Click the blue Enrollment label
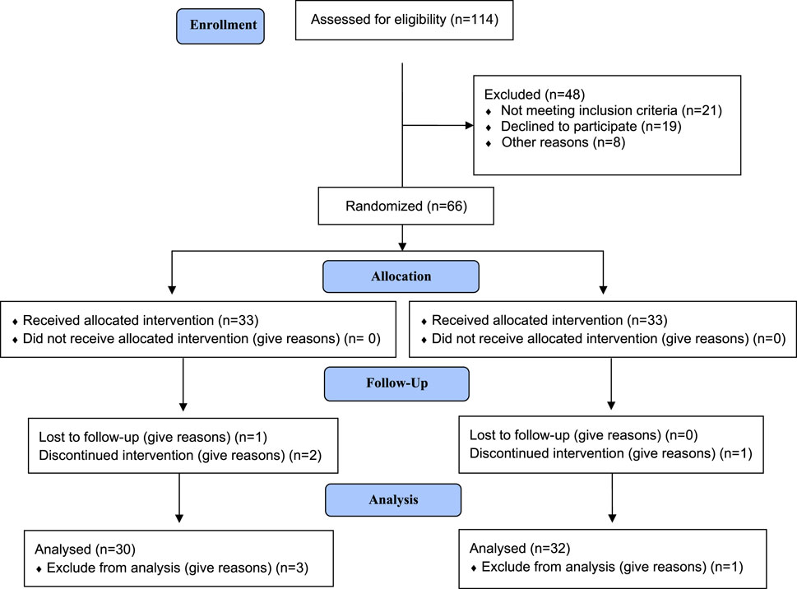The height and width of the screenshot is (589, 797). (220, 26)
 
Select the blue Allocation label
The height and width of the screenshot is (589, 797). (401, 276)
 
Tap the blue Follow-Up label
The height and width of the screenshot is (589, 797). (396, 383)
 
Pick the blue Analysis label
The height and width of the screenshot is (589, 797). (393, 500)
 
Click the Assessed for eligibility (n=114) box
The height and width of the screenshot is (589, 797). (404, 21)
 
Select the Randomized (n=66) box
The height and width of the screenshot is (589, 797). (405, 206)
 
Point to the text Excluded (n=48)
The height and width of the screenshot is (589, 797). (535, 95)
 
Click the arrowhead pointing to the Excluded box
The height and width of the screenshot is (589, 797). (469, 126)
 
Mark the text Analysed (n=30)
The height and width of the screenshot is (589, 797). (85, 550)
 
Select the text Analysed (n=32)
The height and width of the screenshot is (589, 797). (520, 549)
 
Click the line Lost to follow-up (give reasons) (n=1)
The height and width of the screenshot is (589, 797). (153, 437)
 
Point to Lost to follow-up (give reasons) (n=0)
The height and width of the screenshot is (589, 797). (583, 435)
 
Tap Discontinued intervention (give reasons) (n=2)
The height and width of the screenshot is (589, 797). (180, 455)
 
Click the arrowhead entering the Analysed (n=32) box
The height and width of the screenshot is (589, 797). (612, 518)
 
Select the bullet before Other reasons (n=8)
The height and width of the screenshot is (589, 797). (489, 143)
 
